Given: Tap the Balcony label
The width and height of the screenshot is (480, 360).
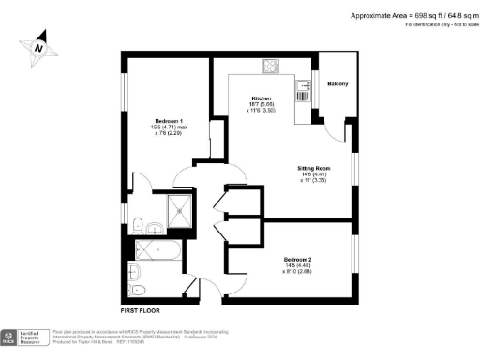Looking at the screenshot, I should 337,85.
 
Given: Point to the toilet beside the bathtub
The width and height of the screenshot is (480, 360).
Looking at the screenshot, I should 137,273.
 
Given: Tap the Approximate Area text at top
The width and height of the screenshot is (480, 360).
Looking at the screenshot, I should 412,15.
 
